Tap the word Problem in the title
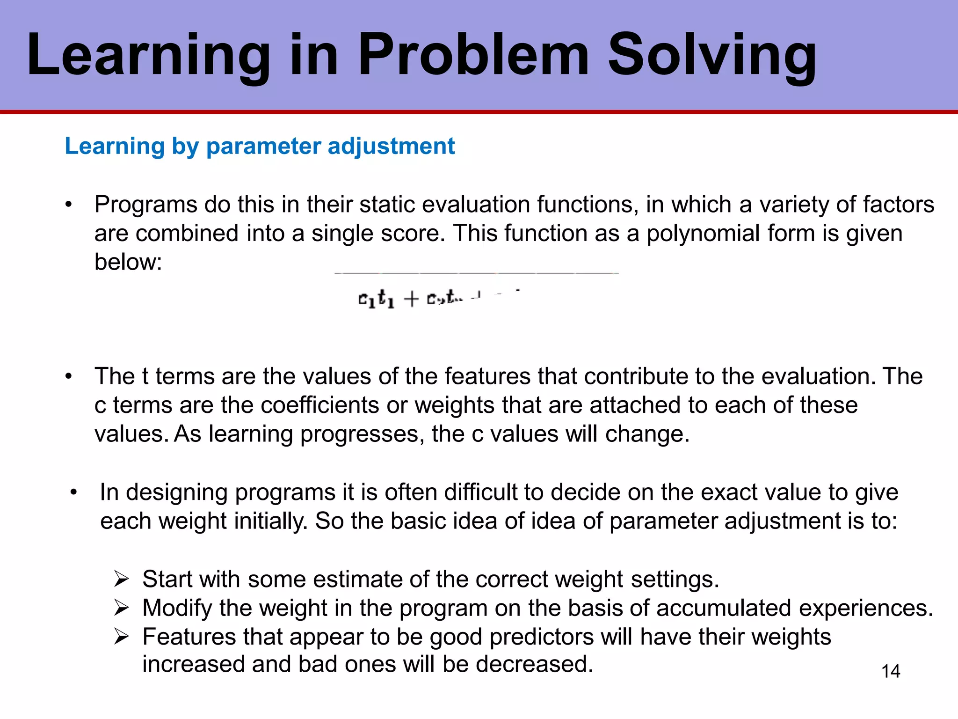point(472,55)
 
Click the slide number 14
point(891,671)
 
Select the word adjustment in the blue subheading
point(391,147)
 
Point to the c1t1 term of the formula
point(376,299)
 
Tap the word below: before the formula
point(128,262)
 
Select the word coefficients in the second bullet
point(319,405)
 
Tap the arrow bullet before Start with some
point(122,580)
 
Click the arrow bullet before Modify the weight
point(122,608)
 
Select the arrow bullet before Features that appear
point(122,637)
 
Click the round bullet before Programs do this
point(69,205)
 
